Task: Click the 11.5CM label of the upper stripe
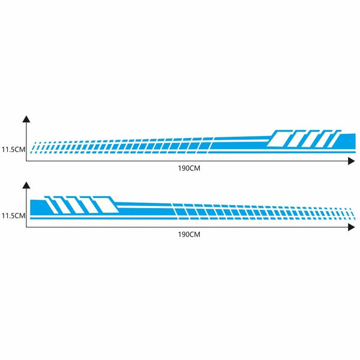[x=13, y=149]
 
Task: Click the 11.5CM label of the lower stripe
[x=13, y=216]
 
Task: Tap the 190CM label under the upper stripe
[x=189, y=168]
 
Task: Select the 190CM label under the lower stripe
[x=189, y=235]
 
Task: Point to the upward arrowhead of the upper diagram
[x=26, y=119]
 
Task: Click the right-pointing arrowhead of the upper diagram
[x=352, y=161]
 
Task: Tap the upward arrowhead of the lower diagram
[x=26, y=185]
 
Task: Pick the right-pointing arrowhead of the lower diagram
[x=352, y=227]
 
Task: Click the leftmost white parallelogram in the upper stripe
[x=278, y=139]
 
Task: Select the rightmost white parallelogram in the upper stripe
[x=331, y=139]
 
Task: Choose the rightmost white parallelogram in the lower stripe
[x=108, y=205]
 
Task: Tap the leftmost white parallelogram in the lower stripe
[x=52, y=205]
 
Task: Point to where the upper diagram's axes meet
[x=26, y=161]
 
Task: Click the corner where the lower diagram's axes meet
[x=26, y=227]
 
